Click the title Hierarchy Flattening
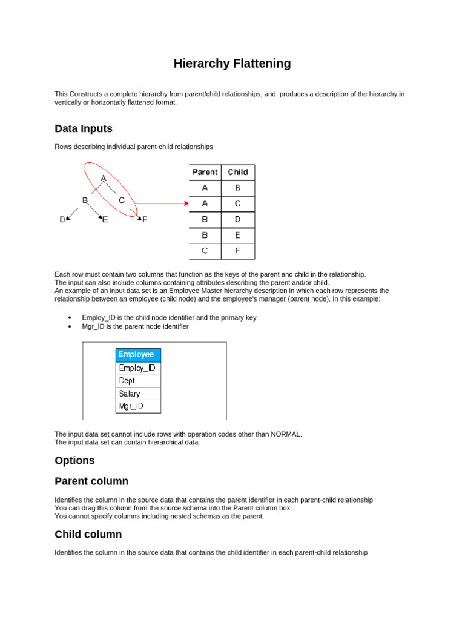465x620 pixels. coord(232,64)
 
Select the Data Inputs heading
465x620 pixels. coord(84,128)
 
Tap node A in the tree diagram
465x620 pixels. coord(104,178)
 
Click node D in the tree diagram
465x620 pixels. coord(62,220)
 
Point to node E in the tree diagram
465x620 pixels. coord(105,220)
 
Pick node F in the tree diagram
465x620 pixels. coord(144,220)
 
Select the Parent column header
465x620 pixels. coord(205,172)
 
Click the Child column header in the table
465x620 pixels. coord(237,172)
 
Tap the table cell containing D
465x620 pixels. coord(237,219)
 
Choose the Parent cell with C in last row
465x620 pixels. coord(205,250)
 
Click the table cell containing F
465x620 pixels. coord(237,250)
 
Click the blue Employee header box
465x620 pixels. coord(138,355)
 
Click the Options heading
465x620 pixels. coord(74,460)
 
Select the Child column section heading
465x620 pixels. coord(88,534)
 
